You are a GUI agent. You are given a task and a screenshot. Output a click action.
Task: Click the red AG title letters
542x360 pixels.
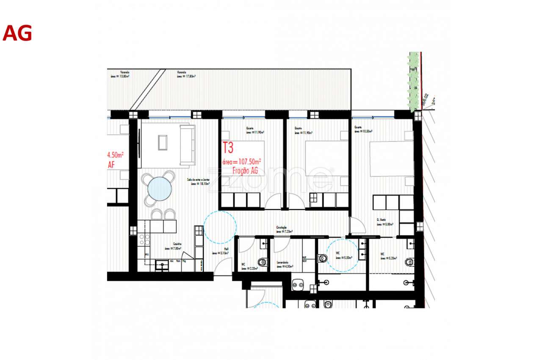tap(17, 33)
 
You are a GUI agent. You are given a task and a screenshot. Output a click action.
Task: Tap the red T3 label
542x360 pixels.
tap(228, 148)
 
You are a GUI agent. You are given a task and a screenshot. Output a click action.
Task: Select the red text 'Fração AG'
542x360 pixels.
tap(245, 170)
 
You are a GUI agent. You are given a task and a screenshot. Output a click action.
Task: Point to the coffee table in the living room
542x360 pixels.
tap(163, 142)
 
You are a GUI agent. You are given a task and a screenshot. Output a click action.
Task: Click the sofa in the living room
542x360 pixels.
tap(187, 145)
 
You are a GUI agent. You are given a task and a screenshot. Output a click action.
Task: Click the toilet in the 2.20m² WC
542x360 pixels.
tap(263, 262)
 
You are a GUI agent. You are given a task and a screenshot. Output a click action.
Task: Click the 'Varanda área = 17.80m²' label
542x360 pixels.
tap(186, 75)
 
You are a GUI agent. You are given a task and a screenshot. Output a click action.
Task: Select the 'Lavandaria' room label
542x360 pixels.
tap(283, 264)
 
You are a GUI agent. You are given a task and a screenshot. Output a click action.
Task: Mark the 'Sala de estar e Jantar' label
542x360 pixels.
tap(198, 182)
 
